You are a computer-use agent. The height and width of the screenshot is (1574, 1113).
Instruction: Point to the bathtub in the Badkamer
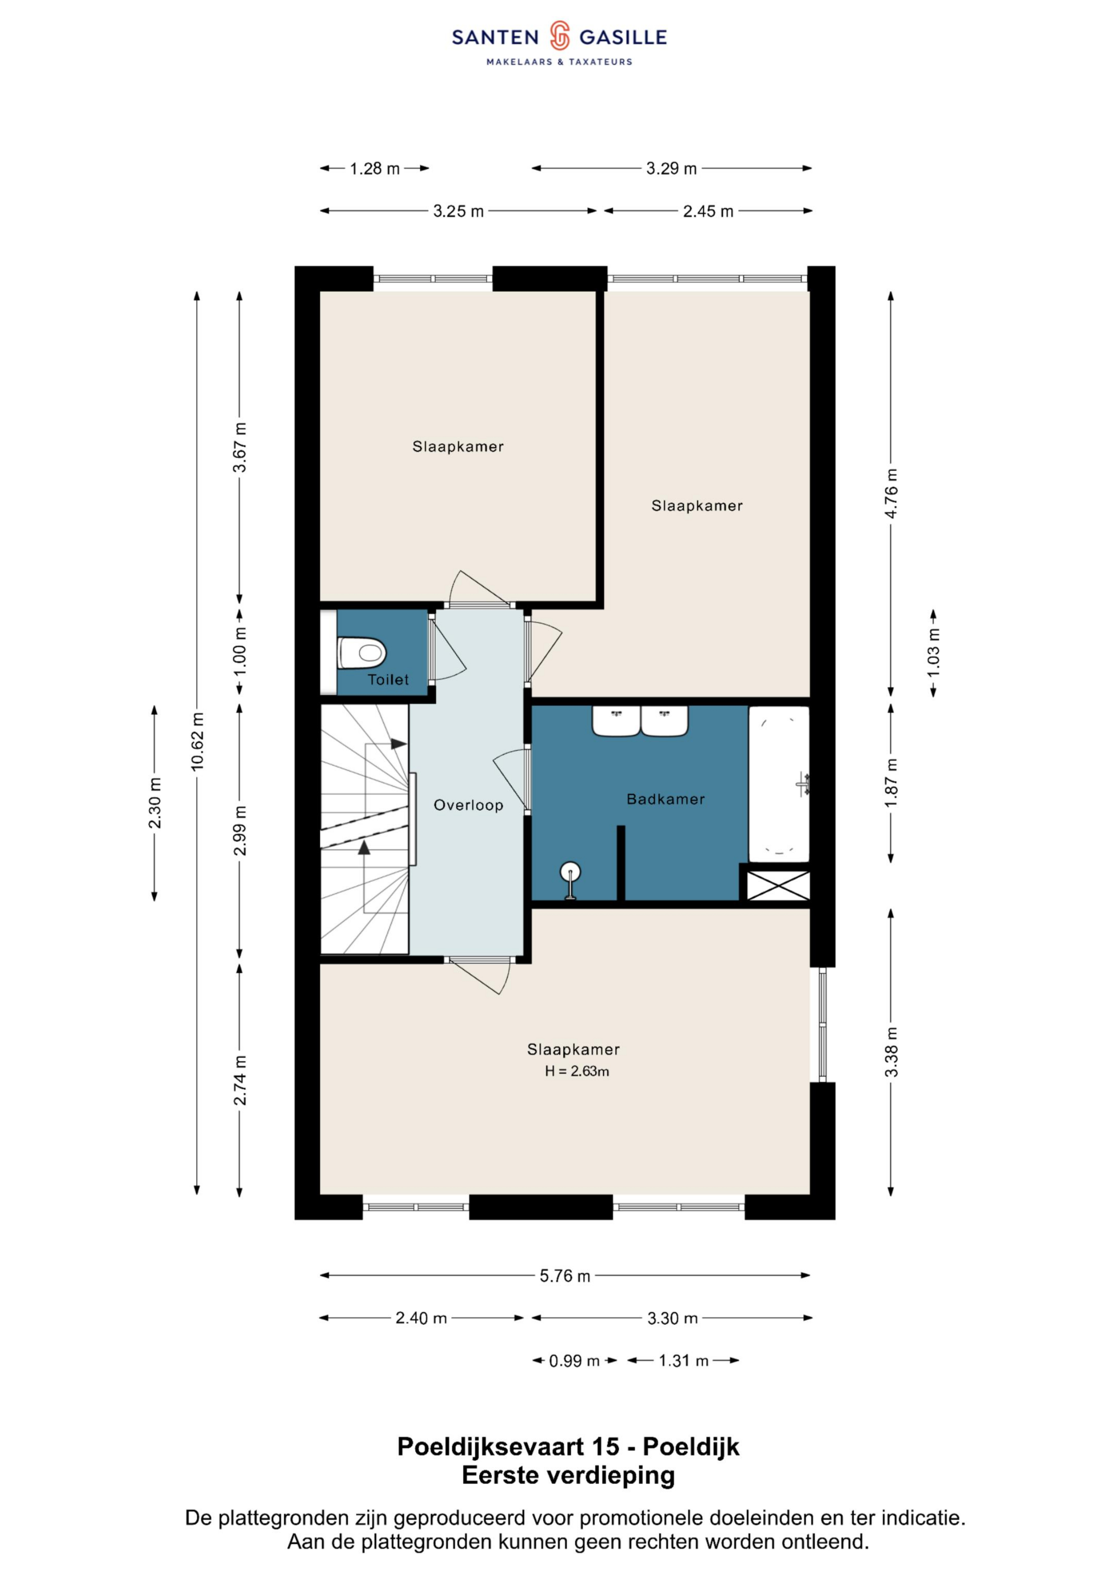(x=779, y=784)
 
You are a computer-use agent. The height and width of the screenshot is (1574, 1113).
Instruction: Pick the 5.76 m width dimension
(x=564, y=1276)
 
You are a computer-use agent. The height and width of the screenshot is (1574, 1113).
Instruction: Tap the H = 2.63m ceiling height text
(x=577, y=1071)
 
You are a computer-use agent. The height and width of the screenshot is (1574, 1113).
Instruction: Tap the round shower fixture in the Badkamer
(x=571, y=880)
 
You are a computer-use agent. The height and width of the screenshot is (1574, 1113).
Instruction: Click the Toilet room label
(x=388, y=679)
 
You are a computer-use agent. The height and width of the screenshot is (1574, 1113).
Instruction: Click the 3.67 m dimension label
(x=239, y=447)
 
